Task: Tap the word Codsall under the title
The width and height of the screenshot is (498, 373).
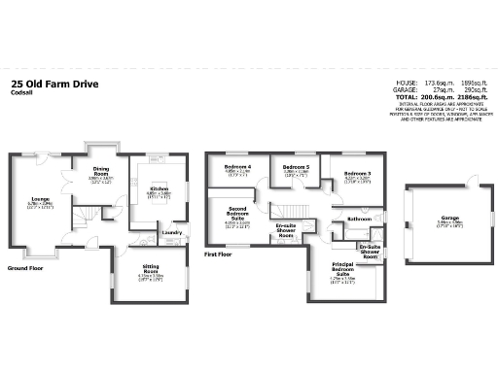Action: click(x=21, y=94)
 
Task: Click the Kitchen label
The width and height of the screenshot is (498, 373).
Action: click(x=159, y=188)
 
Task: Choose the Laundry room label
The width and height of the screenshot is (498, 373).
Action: click(x=173, y=232)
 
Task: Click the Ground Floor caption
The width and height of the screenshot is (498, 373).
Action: click(x=26, y=268)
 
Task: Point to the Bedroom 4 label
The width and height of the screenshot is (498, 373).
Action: click(x=238, y=167)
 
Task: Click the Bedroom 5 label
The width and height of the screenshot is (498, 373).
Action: click(x=296, y=167)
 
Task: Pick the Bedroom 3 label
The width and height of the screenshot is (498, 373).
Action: click(x=358, y=174)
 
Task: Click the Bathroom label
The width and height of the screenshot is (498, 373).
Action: click(x=359, y=220)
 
